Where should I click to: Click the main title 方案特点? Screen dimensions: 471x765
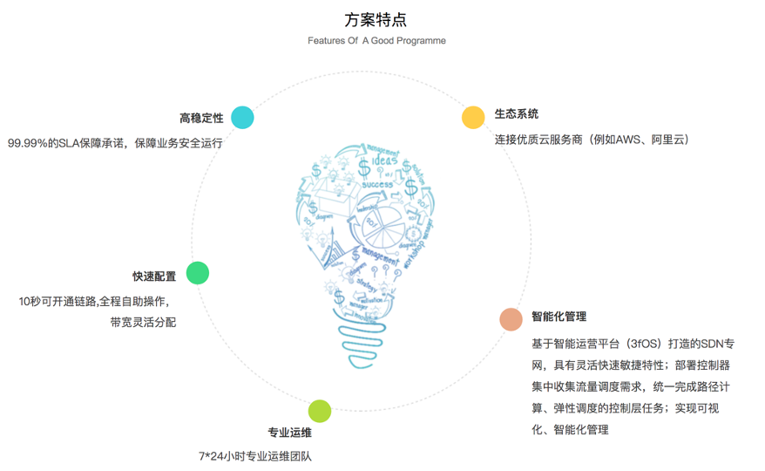coord(376,19)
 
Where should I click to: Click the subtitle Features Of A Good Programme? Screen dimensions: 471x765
coord(376,41)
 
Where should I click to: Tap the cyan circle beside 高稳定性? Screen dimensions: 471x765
coord(242,118)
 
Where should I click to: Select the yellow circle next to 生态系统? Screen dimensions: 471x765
coord(473,118)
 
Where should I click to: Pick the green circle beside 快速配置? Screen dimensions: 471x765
coord(198,272)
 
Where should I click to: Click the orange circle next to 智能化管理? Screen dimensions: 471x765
coord(511,319)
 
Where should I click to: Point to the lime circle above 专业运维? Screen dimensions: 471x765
coord(320,410)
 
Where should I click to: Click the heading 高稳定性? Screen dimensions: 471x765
coord(201,118)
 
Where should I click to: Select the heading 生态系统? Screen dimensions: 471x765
coord(517,114)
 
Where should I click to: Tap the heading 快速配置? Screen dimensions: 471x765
coord(154,276)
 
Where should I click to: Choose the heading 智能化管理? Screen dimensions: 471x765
coord(559,317)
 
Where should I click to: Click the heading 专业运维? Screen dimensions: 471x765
coord(289,433)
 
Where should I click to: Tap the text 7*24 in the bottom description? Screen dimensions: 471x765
coord(213,455)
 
